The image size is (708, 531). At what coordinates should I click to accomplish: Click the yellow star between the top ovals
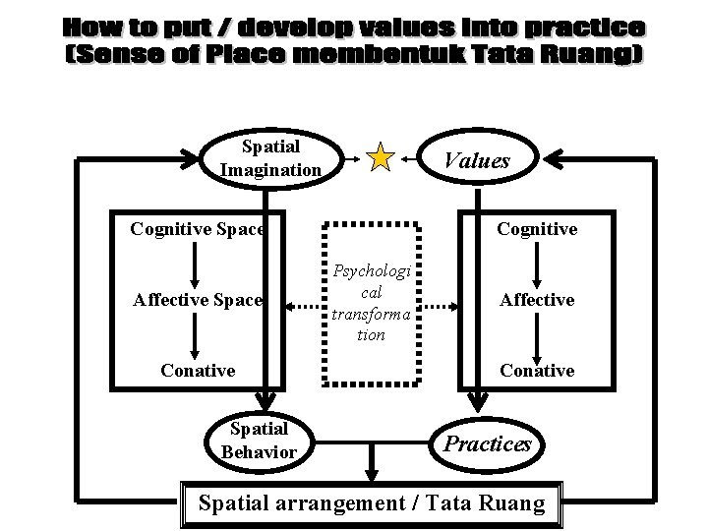pyautogui.click(x=381, y=157)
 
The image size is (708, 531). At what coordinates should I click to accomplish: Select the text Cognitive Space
pyautogui.click(x=198, y=229)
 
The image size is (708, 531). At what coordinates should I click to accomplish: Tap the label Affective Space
pyautogui.click(x=198, y=300)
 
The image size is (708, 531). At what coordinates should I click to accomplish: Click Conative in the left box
pyautogui.click(x=198, y=371)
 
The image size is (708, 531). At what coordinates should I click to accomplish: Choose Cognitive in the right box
pyautogui.click(x=537, y=229)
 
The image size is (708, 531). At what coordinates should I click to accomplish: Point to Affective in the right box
pyautogui.click(x=537, y=300)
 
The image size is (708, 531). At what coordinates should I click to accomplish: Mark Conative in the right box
pyautogui.click(x=537, y=371)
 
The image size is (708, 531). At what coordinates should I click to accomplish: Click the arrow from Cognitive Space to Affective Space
pyautogui.click(x=195, y=265)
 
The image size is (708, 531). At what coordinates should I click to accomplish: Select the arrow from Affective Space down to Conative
pyautogui.click(x=195, y=336)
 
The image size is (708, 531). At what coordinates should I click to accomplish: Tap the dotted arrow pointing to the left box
pyautogui.click(x=304, y=307)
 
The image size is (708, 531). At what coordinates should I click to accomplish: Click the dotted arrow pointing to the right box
pyautogui.click(x=441, y=307)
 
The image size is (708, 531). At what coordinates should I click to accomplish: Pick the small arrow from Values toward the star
pyautogui.click(x=409, y=159)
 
